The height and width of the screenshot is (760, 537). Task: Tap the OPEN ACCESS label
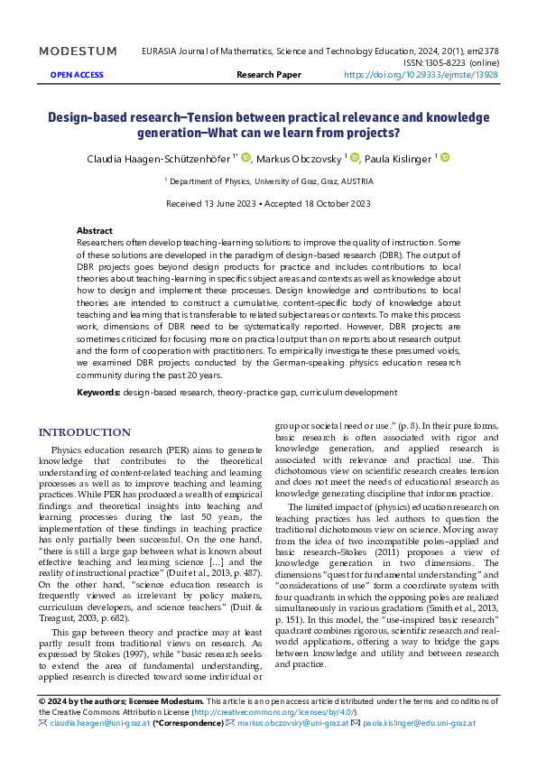tap(77, 75)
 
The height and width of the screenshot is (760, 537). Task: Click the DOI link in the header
tap(421, 75)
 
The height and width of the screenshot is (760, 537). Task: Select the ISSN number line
tap(448, 63)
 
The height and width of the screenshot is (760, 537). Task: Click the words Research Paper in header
tap(268, 75)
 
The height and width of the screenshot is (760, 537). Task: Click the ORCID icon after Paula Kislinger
tap(444, 158)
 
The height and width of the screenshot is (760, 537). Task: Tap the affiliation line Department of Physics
tap(268, 181)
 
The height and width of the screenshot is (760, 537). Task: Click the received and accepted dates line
tap(268, 203)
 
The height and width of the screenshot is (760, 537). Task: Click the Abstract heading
tap(95, 231)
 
